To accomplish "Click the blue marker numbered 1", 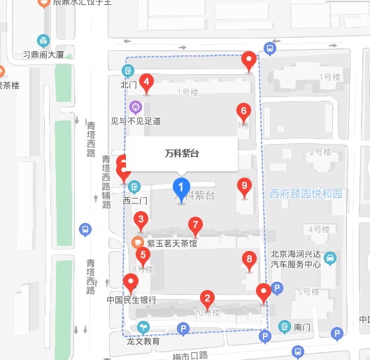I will [181, 187].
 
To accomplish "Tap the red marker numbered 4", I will [146, 82].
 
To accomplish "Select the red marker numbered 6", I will [243, 110].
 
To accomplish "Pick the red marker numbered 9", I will [244, 186].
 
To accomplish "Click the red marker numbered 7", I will [196, 225].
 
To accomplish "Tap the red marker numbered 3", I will [141, 222].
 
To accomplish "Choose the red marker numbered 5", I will [143, 256].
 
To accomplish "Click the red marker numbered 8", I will [249, 260].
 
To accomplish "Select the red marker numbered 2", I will [206, 297].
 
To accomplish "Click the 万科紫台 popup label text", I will [181, 153].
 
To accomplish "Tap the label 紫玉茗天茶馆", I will [172, 243].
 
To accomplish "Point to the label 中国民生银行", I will [131, 301].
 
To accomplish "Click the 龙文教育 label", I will [143, 342].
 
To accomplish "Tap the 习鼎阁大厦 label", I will [43, 54].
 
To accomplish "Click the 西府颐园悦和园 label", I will [307, 194].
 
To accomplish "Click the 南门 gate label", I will [302, 326].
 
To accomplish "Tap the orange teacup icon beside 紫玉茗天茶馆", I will [138, 243].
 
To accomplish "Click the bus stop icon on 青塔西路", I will [85, 229].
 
